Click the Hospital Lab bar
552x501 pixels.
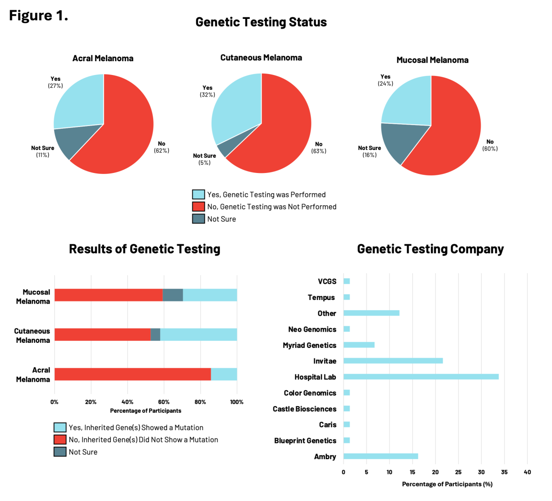[421, 377]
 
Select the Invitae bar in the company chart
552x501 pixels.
[393, 361]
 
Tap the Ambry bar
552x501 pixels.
[380, 456]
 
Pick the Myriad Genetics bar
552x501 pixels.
[359, 345]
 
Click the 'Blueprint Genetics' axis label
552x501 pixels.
[305, 441]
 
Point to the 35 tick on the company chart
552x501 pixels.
[504, 472]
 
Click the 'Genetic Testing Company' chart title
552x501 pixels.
[430, 249]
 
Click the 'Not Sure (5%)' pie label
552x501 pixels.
[204, 159]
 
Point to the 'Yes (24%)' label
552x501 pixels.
[385, 80]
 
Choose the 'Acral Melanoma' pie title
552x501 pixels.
[103, 58]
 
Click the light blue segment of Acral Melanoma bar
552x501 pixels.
[224, 374]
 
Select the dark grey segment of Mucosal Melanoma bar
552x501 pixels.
[173, 295]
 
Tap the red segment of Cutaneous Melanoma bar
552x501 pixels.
[102, 334]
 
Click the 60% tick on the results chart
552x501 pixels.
[164, 402]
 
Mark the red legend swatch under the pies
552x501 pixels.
[198, 207]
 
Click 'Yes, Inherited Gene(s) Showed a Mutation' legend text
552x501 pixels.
[136, 427]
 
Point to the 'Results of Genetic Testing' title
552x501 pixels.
[144, 249]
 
